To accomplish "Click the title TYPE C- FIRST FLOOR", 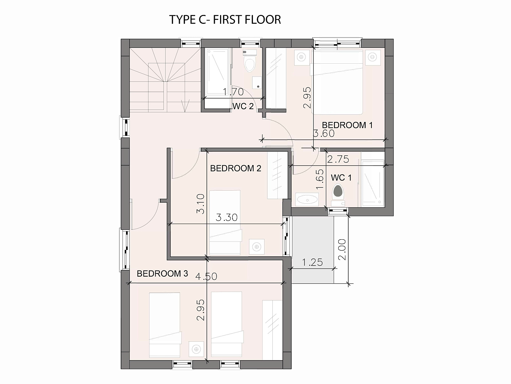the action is click(225, 20).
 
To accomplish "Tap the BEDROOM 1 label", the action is click(347, 125).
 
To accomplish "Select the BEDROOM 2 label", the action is click(236, 168).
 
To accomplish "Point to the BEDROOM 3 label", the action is click(162, 273).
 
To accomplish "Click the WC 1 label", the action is click(341, 178).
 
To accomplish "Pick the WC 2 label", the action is click(243, 106).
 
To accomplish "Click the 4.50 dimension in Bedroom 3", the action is click(206, 277).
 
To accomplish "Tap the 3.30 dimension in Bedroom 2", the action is click(226, 218).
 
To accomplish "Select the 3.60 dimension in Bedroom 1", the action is click(324, 133).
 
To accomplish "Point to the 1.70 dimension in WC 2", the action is click(233, 92).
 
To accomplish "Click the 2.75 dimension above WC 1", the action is click(338, 159).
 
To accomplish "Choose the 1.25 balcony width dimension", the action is click(312, 262).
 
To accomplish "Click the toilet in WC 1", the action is click(338, 195).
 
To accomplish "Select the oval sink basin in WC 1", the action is click(307, 200).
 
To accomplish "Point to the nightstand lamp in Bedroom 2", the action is click(256, 247).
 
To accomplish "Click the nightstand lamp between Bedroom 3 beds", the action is click(196, 349).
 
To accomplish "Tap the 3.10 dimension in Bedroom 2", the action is click(200, 204).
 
